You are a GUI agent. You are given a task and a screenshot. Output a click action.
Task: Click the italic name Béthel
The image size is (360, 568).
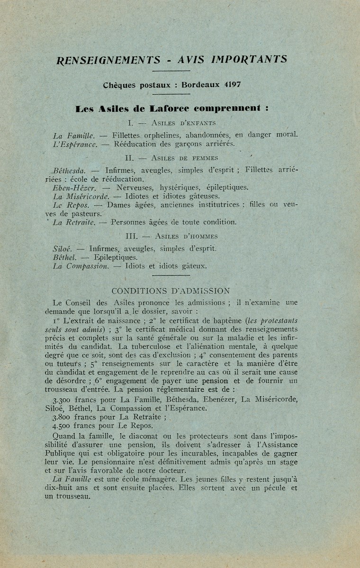tap(64, 257)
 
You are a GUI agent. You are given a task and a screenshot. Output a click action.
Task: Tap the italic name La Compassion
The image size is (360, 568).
tap(81, 266)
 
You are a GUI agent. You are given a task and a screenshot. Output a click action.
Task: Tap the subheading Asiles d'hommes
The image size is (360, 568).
tap(180, 236)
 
